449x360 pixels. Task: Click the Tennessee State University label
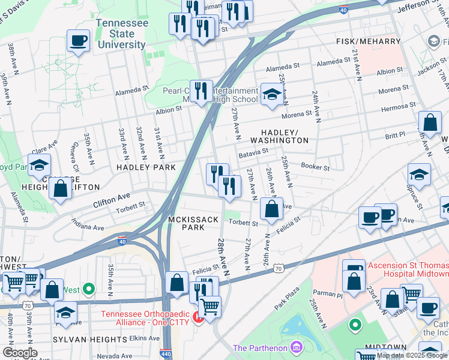[x=122, y=34]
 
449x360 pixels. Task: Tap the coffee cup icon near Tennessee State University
[x=78, y=41]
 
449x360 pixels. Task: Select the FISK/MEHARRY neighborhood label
[x=368, y=41]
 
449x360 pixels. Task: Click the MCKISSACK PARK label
[x=193, y=224]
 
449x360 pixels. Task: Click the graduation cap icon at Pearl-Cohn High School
[x=271, y=95]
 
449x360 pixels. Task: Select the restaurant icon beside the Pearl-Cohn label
[x=201, y=91]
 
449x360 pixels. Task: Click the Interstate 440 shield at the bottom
[x=166, y=355]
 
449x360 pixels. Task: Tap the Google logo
[x=20, y=353]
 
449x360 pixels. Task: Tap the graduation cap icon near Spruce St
[x=419, y=175]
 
